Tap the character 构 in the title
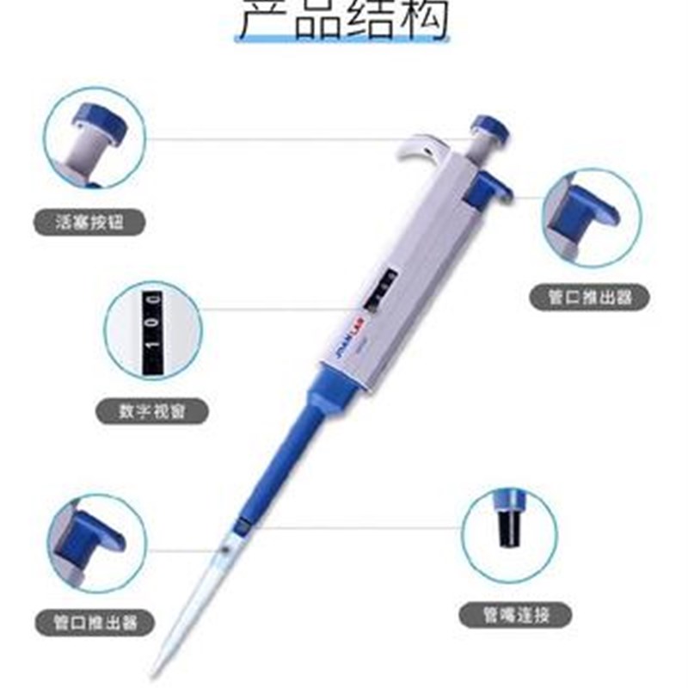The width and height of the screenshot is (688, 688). pos(421,19)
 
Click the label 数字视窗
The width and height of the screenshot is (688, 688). pos(151,412)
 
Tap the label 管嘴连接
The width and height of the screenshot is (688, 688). pos(515,614)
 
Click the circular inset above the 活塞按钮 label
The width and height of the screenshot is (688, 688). pos(96,139)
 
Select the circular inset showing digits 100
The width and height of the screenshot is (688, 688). pos(153,330)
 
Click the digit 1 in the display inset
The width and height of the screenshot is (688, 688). pos(154,357)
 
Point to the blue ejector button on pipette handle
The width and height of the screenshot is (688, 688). pos(488,188)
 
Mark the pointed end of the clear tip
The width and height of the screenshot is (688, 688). pos(156,672)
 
